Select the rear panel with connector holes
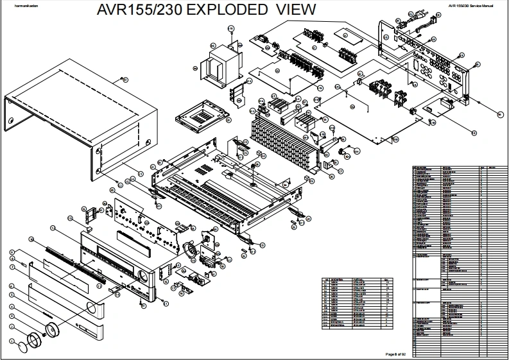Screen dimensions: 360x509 click(427, 71)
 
